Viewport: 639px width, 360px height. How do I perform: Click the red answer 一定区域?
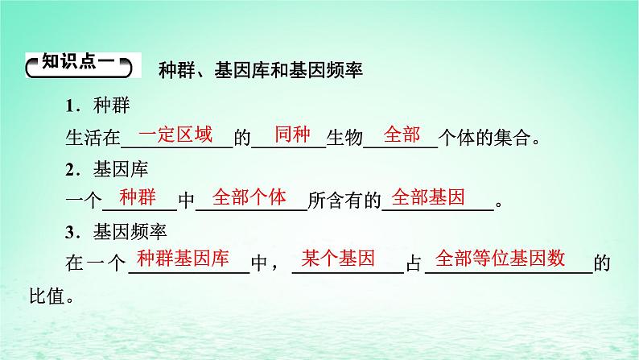click(x=175, y=134)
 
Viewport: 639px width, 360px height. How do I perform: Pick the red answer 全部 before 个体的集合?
click(x=402, y=134)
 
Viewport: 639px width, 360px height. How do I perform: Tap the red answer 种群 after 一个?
click(x=142, y=198)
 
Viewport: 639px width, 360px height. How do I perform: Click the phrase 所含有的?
click(x=344, y=201)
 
